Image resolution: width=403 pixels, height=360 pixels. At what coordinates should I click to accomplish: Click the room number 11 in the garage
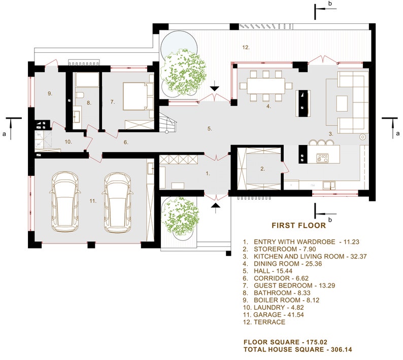point(93,201)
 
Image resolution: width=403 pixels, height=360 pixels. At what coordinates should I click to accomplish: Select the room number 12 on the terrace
point(246,47)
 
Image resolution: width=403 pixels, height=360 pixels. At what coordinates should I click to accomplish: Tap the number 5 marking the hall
point(209,129)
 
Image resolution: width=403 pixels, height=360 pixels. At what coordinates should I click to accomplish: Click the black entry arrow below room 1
point(216,205)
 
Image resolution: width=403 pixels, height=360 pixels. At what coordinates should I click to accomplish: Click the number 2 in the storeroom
point(262,168)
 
